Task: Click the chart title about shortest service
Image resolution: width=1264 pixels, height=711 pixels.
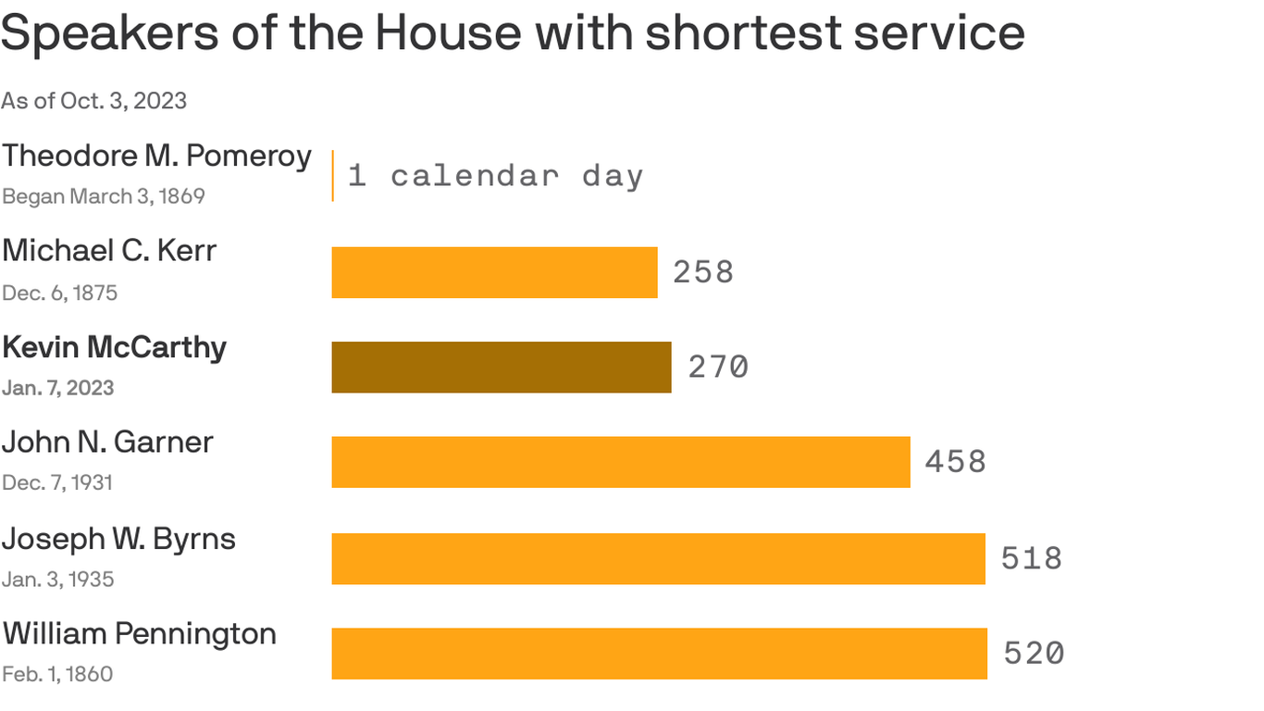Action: pos(513,34)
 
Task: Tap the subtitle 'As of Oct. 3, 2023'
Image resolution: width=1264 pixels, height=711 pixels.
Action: pos(93,100)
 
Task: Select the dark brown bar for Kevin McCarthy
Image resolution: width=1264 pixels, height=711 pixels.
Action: pos(502,368)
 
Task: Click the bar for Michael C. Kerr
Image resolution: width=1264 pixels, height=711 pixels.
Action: pos(494,272)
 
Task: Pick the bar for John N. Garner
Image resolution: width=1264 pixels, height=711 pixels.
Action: pos(621,462)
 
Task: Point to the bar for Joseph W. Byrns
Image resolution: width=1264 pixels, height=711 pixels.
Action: pos(658,558)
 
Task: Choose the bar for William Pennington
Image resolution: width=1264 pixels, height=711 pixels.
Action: pos(659,654)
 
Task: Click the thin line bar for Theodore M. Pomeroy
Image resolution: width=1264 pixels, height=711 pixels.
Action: pos(333,176)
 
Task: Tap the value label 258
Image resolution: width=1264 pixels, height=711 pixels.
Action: pos(703,272)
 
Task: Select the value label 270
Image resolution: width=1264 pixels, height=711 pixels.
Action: pos(718,368)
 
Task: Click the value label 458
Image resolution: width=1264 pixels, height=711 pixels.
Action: pos(956,462)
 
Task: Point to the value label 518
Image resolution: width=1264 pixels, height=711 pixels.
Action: pos(1032,558)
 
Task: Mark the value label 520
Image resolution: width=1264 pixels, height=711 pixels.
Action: pos(1035,654)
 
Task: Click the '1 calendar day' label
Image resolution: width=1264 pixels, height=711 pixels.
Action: pos(495,176)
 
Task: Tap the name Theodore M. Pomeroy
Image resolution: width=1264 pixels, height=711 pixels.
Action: pos(156,156)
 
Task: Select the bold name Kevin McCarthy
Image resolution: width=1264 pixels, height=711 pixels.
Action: pos(114,347)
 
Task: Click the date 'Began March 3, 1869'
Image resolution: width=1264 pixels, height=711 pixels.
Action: pos(103,196)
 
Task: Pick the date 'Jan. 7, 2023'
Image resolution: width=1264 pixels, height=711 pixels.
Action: pos(57,387)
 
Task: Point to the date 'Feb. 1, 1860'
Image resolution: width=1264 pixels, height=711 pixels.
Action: pos(57,674)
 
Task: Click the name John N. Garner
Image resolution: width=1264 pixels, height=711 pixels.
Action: pos(107,443)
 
